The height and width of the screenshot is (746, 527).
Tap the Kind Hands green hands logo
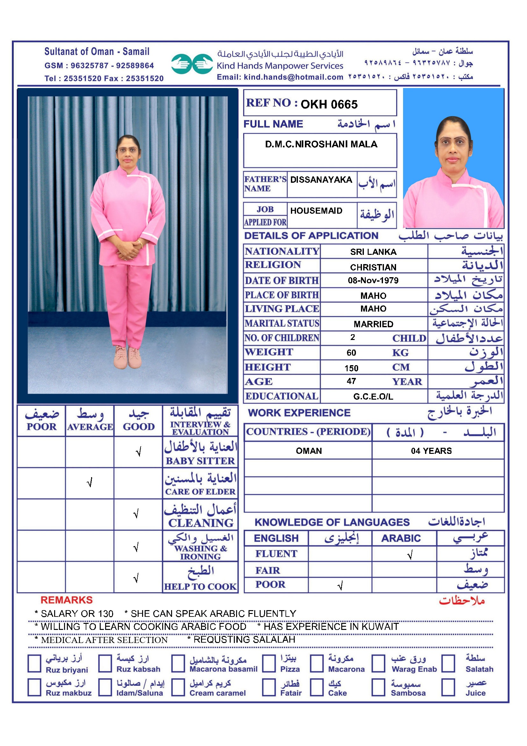pyautogui.click(x=192, y=64)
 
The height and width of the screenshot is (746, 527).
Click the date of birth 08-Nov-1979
pyautogui.click(x=373, y=280)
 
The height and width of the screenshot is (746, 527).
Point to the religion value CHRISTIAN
pyautogui.click(x=373, y=267)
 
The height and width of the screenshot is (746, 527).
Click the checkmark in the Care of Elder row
pyautogui.click(x=90, y=483)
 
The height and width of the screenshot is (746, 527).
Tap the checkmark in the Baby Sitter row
pyautogui.click(x=139, y=452)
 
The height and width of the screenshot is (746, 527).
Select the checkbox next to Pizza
pyautogui.click(x=269, y=663)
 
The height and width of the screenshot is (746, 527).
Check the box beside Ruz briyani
pyautogui.click(x=34, y=663)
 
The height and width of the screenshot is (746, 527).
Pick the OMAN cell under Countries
pyautogui.click(x=309, y=451)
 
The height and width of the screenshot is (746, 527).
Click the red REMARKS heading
pyautogui.click(x=67, y=600)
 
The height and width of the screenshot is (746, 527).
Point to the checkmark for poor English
pyautogui.click(x=340, y=586)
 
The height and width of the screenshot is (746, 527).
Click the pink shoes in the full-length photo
pyautogui.click(x=127, y=358)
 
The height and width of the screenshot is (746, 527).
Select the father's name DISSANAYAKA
pyautogui.click(x=321, y=180)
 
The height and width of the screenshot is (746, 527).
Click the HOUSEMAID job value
pyautogui.click(x=316, y=211)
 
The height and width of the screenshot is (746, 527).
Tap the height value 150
pyautogui.click(x=351, y=368)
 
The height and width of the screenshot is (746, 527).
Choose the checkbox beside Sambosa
pyautogui.click(x=378, y=688)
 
